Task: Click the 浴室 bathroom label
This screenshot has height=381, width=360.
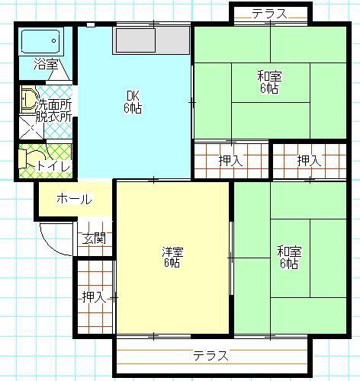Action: point(46,64)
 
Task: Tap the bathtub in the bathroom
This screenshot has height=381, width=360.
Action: point(40,41)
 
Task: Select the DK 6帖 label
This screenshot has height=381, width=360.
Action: point(133,102)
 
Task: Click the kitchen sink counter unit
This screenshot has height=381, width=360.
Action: point(152,40)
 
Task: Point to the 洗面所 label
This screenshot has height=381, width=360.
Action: point(54,105)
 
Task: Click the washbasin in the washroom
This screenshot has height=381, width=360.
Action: point(29,99)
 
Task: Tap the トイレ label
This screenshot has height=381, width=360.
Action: point(53,166)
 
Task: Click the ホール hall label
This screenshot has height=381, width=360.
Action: point(74,199)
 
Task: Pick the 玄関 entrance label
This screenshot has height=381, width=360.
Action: point(94,239)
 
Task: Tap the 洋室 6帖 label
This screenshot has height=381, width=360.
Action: point(172,257)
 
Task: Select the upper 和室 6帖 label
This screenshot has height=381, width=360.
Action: point(269,82)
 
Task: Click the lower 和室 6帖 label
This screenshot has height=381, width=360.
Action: point(289,257)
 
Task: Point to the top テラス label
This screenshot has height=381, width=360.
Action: point(270,14)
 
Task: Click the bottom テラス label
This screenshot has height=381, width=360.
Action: point(211,355)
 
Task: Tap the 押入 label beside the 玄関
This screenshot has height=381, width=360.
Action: point(94,296)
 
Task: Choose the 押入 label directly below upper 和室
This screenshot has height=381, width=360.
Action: point(230,161)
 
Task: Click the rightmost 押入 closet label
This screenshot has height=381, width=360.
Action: point(309,161)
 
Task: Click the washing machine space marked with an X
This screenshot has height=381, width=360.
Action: point(32,127)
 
